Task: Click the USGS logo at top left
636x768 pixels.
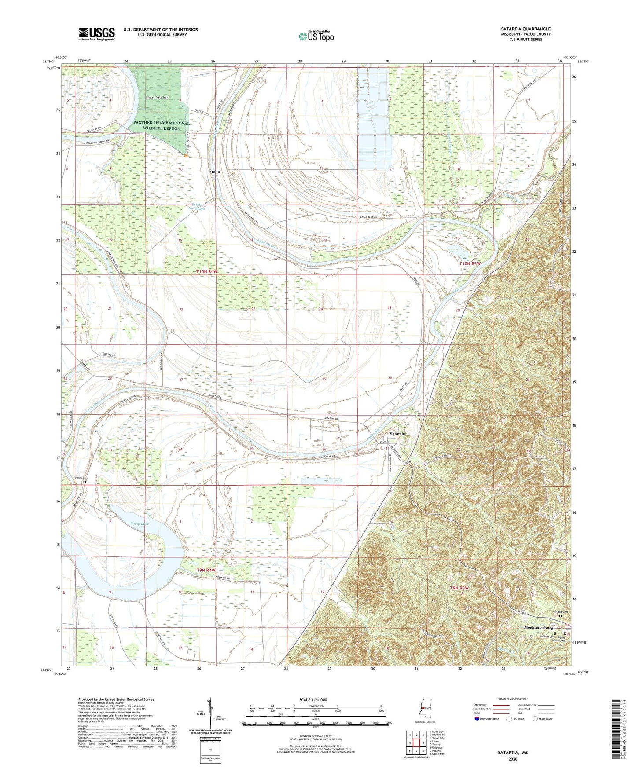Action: pyautogui.click(x=97, y=33)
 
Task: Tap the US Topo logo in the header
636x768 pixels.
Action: pyautogui.click(x=316, y=36)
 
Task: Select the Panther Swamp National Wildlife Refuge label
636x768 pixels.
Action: pyautogui.click(x=162, y=126)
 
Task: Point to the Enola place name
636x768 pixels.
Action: pyautogui.click(x=214, y=171)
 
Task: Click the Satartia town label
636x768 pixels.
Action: pyautogui.click(x=397, y=434)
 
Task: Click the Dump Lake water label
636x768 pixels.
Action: pyautogui.click(x=140, y=523)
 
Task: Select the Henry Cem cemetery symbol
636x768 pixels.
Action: pyautogui.click(x=85, y=482)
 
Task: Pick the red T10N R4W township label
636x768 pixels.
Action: pyautogui.click(x=207, y=272)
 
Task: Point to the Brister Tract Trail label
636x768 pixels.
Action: pyautogui.click(x=158, y=97)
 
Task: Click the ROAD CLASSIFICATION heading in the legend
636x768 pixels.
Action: pyautogui.click(x=513, y=699)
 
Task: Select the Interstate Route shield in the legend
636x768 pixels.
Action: pyautogui.click(x=478, y=719)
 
